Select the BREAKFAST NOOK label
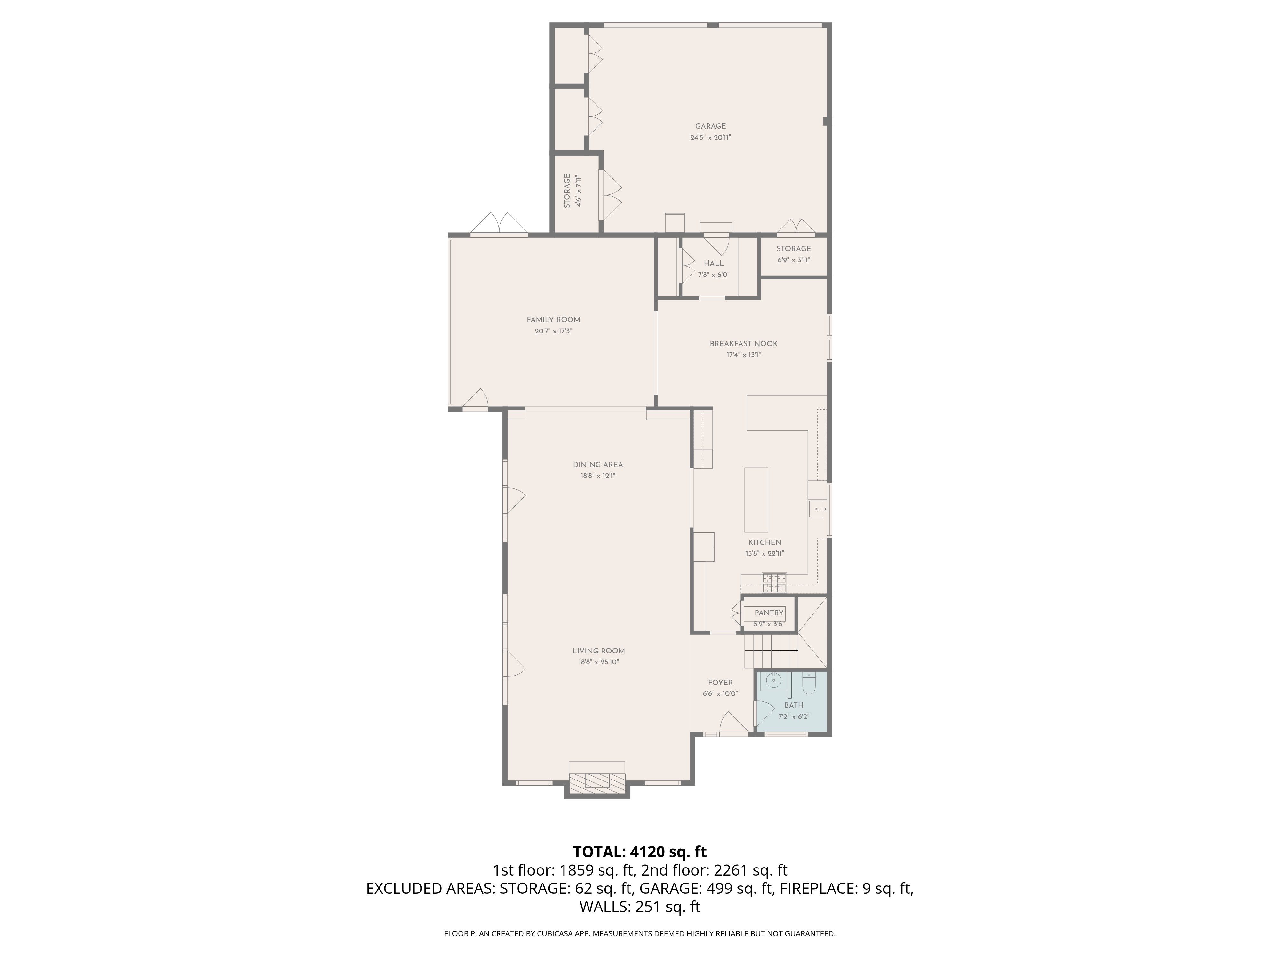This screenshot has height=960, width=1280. coord(744,344)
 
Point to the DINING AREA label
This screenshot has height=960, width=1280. coord(598,465)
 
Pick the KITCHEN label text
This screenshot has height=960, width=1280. coord(765,542)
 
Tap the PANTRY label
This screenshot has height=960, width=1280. coord(769,613)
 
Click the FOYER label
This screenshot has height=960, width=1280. coord(720,683)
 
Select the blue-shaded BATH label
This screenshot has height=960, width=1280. coord(794,705)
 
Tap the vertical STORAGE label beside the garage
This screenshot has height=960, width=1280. coord(567,191)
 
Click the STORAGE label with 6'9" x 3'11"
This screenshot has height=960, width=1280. coord(793,249)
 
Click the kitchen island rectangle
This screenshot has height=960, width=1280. coord(756,500)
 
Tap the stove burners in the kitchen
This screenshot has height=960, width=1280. coord(774,583)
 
